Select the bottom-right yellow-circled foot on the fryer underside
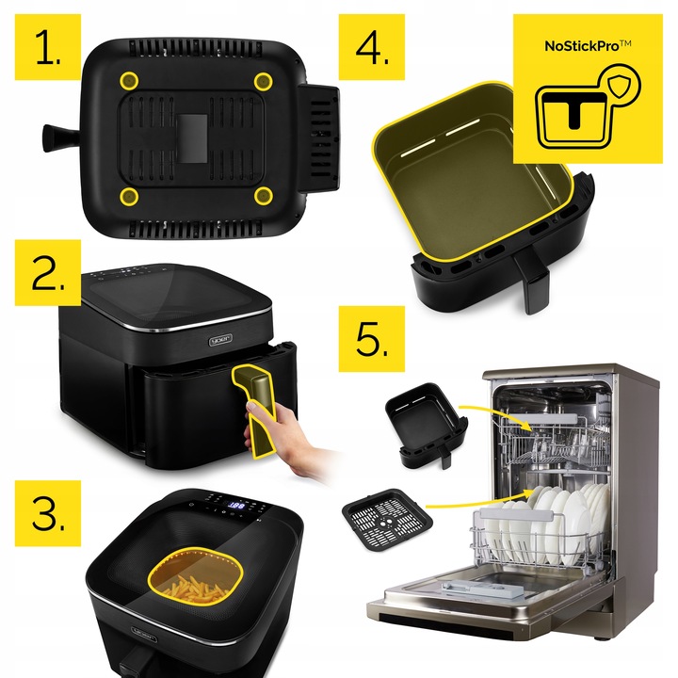point(264,195)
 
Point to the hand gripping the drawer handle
point(282,443)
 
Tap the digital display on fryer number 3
point(238,506)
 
